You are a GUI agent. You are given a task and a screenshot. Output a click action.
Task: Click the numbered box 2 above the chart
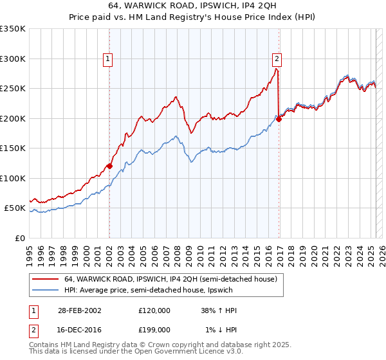pos(277,59)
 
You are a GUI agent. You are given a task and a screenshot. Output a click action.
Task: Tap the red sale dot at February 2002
pos(109,166)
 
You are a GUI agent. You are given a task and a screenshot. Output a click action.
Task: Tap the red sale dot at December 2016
pos(279,119)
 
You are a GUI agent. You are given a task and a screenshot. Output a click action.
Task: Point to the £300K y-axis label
pos(13,59)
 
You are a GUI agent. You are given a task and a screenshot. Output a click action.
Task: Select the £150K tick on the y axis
pos(13,148)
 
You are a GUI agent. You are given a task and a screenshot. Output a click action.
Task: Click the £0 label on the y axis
pos(20,238)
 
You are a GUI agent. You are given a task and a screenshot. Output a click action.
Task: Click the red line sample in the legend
pos(45,279)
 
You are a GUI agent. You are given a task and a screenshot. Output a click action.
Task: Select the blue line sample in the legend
pos(45,290)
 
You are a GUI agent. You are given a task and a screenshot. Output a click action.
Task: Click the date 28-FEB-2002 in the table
pos(78,310)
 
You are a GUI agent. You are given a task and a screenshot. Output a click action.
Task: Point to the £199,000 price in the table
pos(154,330)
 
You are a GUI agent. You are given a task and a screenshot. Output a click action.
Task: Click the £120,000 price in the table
pos(154,310)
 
